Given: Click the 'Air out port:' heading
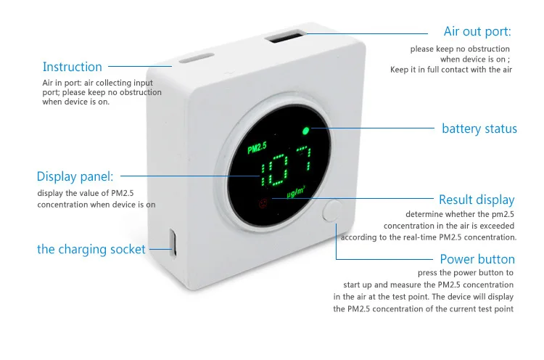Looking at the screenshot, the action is pos(477,32).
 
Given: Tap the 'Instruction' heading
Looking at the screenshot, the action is pos(73,67).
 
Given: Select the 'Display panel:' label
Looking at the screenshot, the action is pos(75,176).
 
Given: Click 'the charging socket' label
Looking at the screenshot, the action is pos(91,250).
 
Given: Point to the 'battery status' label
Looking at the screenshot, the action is pos(479,129).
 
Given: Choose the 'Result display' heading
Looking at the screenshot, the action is pos(477,200).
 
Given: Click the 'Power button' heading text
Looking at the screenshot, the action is pos(477,259).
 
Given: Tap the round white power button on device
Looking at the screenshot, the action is pos(333,211).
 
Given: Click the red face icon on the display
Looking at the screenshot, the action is pos(264,202).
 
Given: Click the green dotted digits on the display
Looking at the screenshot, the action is pos(287,169).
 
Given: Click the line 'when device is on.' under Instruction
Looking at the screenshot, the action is pos(76,102).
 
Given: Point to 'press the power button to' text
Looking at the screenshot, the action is pos(466,273).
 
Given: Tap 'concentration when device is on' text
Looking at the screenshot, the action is pos(96,205).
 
